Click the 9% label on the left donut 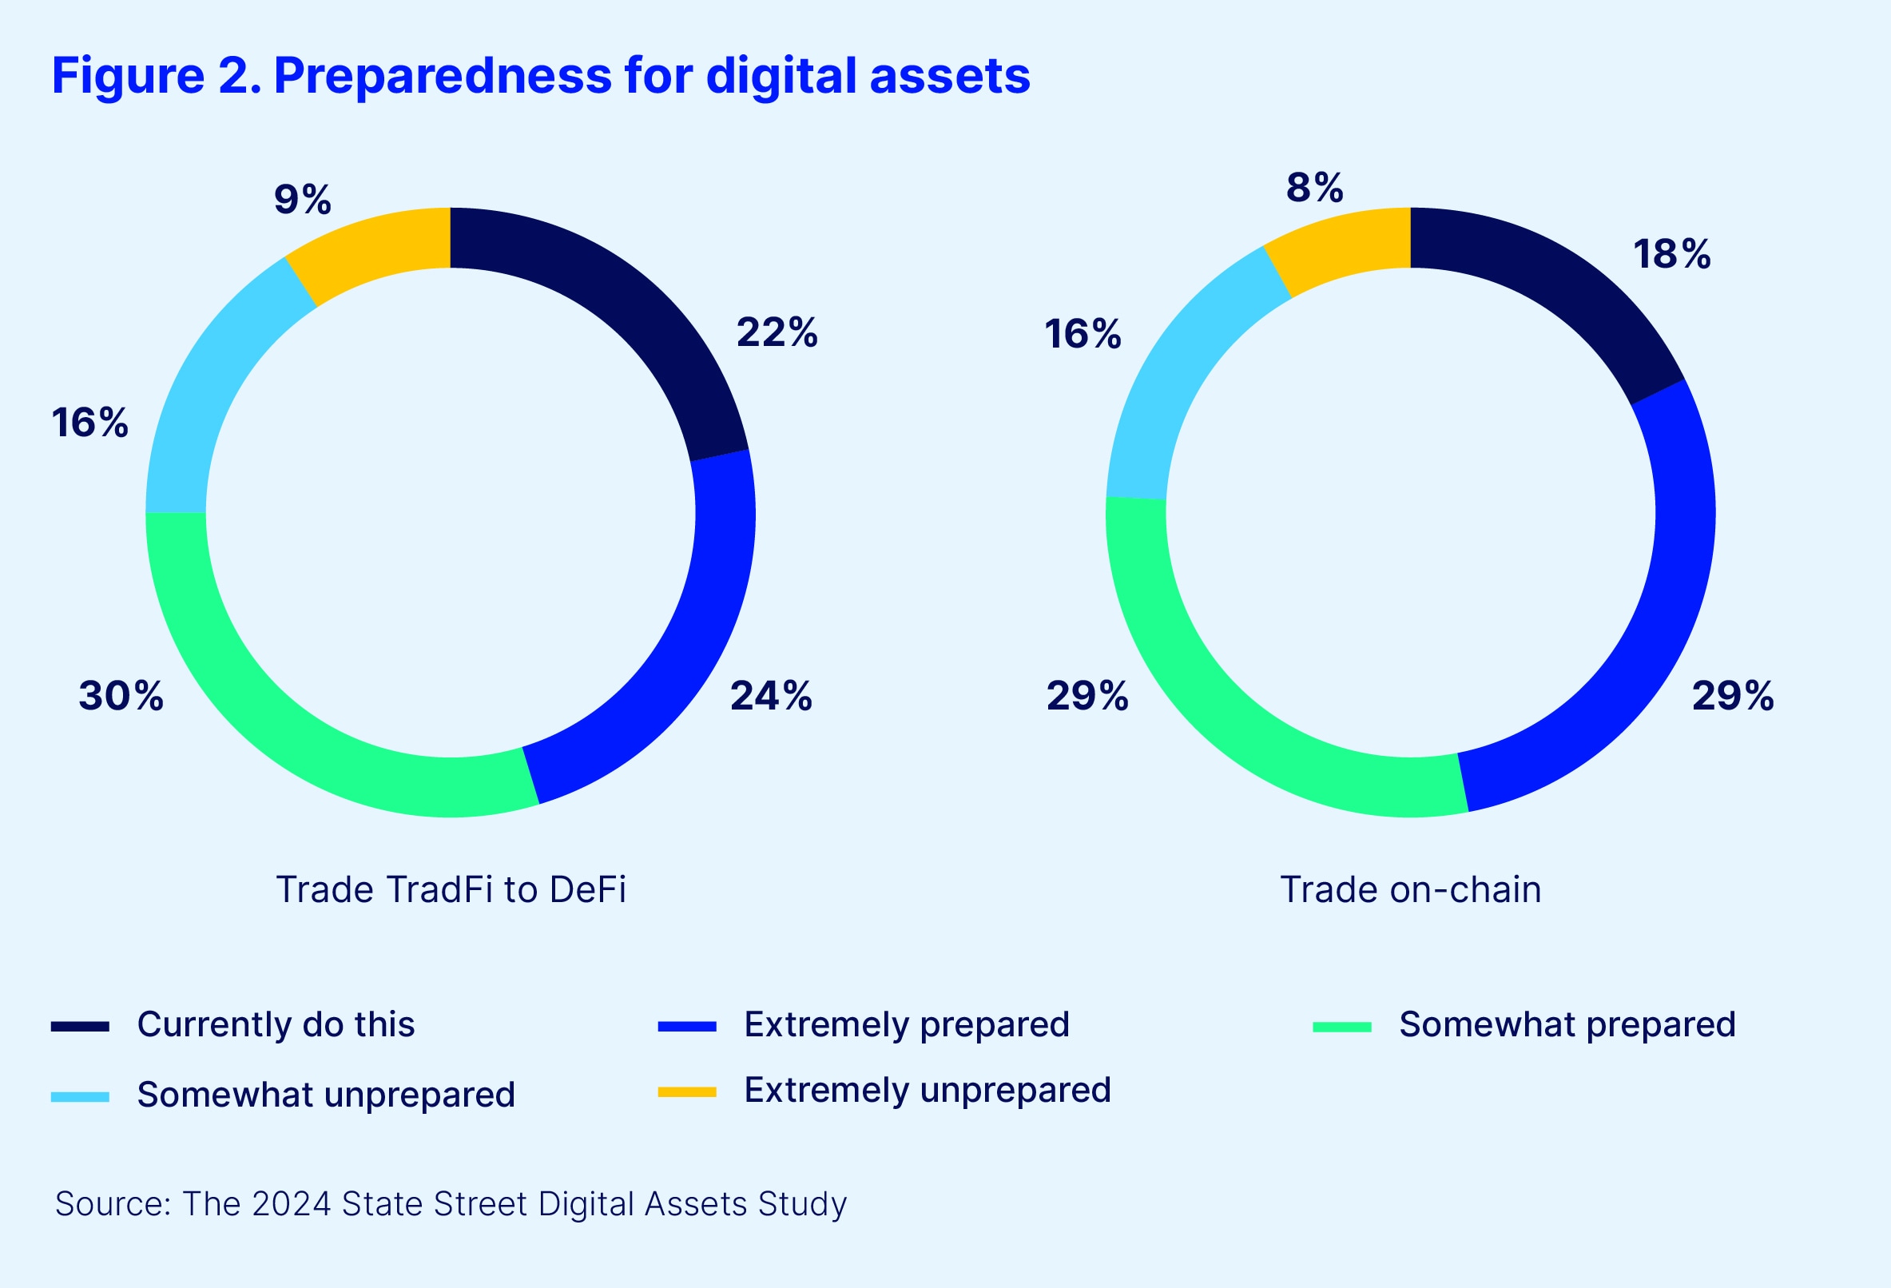click(302, 199)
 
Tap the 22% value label click(777, 332)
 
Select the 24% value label click(771, 696)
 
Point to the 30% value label click(121, 696)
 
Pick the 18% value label click(1671, 254)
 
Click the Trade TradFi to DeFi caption click(451, 889)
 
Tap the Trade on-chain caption click(1410, 889)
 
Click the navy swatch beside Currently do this click(80, 1026)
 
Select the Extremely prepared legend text click(907, 1024)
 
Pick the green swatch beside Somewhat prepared click(1342, 1027)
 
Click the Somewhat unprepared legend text click(325, 1095)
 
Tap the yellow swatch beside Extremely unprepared click(687, 1092)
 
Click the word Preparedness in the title click(442, 76)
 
